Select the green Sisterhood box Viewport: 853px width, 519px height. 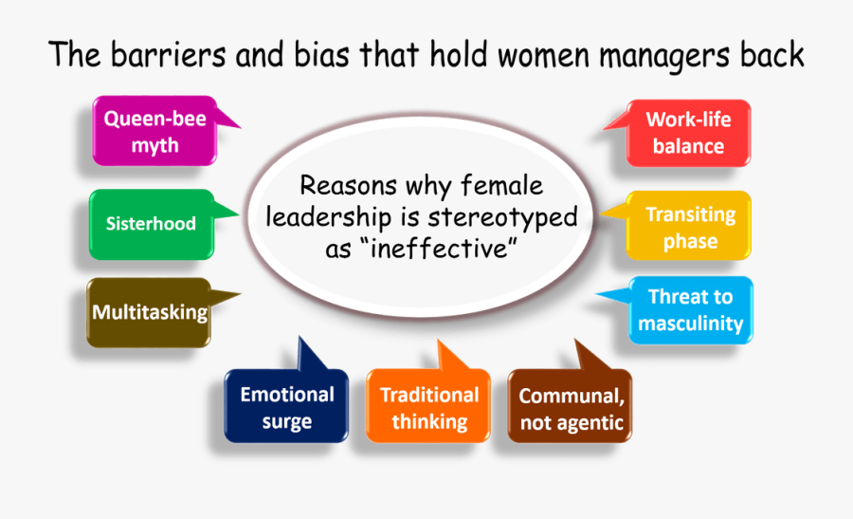[151, 224]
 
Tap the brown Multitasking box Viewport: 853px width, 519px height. [150, 312]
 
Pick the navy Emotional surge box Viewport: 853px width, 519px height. [286, 407]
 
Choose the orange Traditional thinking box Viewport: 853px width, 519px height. [428, 407]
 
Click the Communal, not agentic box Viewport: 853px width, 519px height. [571, 409]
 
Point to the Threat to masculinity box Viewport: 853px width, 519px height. [690, 310]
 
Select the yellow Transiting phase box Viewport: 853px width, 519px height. [690, 227]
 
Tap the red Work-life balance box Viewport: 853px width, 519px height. [689, 133]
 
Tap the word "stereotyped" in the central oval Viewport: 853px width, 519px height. [502, 217]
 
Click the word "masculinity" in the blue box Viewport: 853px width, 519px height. [690, 324]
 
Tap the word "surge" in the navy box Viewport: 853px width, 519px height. [286, 422]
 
